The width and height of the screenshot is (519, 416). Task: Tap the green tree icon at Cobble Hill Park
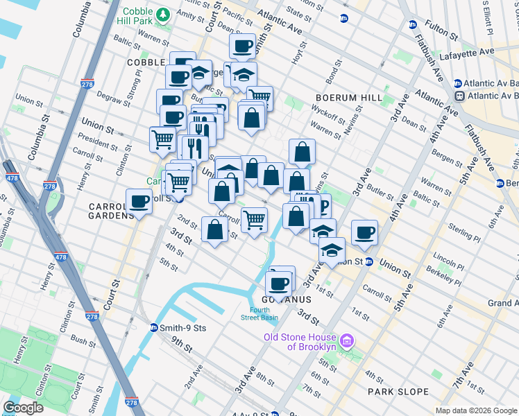coord(164,13)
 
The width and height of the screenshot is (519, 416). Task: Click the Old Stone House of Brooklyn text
coord(309,342)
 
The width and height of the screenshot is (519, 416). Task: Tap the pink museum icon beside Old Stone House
coord(349,342)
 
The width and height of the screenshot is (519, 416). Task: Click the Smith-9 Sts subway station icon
coord(153,328)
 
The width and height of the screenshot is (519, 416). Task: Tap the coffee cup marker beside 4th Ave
coord(364,233)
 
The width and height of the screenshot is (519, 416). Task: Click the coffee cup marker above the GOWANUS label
coord(280,284)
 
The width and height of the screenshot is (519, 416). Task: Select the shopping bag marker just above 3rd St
coord(215,229)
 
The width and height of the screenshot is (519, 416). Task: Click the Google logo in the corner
coord(23,408)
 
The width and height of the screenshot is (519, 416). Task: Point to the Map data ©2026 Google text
coord(476,411)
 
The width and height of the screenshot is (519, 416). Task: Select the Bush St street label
coord(83,342)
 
